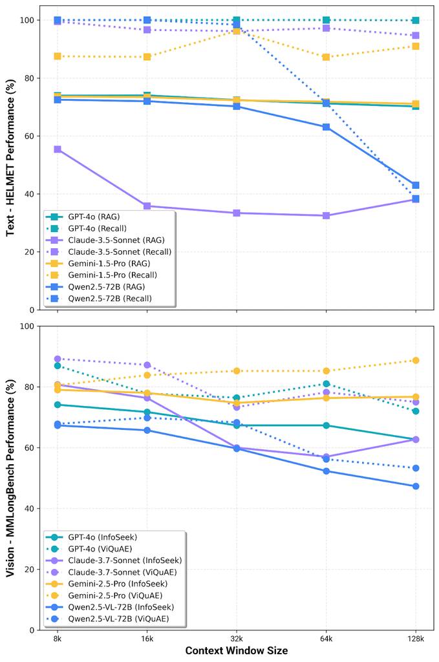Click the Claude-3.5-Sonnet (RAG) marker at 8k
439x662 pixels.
coord(58,149)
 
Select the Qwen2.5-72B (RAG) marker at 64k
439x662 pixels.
coord(327,127)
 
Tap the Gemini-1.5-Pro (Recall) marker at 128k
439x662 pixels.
coord(416,47)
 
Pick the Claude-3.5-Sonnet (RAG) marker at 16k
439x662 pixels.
coord(147,206)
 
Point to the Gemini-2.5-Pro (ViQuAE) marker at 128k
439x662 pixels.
coord(416,361)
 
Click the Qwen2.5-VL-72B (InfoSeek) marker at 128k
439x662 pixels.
coord(416,486)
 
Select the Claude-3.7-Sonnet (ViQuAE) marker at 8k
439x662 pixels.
coord(58,359)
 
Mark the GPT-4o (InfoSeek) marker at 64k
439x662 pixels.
coord(327,425)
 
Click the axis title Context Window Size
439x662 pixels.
coord(237,650)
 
